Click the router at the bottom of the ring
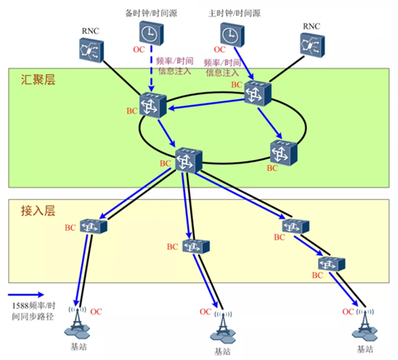[189, 158]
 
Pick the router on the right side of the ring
[283, 152]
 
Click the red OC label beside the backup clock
[138, 50]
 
